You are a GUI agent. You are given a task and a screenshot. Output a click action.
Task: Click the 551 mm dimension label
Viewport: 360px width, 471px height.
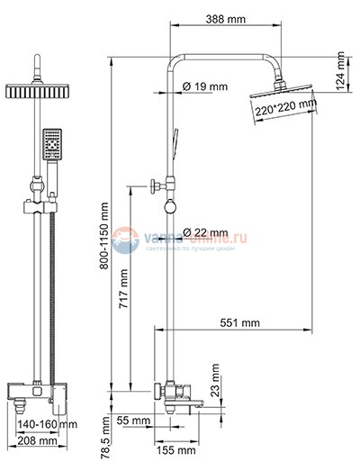pos(238,322)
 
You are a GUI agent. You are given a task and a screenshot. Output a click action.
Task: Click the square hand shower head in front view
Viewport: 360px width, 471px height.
pos(52,144)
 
